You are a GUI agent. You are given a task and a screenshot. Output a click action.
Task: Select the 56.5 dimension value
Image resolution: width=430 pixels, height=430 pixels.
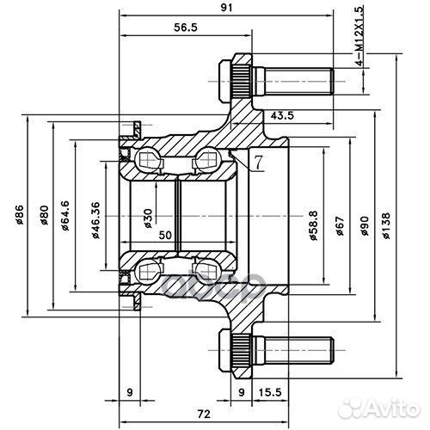183,28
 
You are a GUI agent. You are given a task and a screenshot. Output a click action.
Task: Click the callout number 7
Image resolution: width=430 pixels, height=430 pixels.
257,162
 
